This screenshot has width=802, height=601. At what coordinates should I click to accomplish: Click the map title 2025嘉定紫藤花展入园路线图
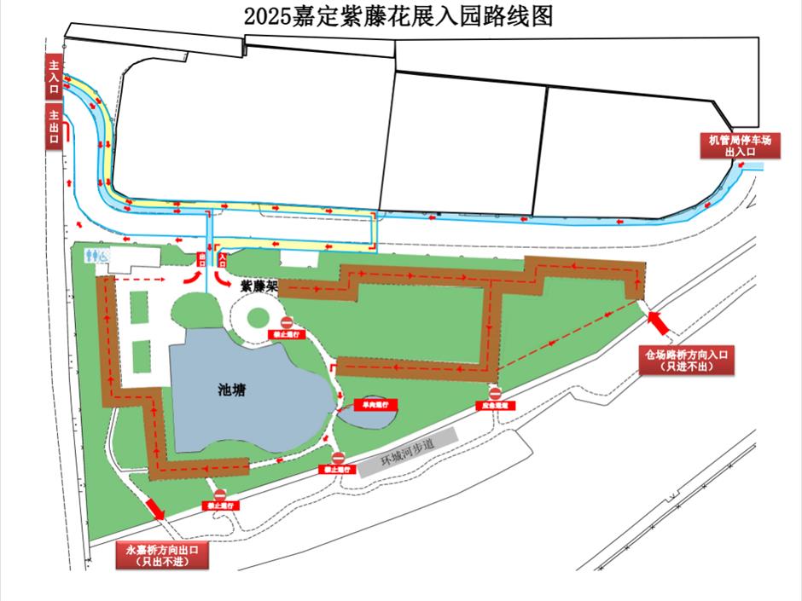pyautogui.click(x=398, y=16)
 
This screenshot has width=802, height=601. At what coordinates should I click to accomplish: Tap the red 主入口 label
pyautogui.click(x=54, y=78)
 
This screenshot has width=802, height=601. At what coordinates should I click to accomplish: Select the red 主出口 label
pyautogui.click(x=54, y=129)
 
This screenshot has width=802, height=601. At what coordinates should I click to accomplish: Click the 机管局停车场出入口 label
pyautogui.click(x=740, y=145)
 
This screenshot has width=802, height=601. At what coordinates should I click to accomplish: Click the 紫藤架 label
pyautogui.click(x=259, y=287)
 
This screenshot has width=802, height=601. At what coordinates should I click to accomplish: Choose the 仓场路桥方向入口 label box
pyautogui.click(x=687, y=361)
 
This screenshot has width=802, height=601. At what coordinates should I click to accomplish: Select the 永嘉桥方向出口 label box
pyautogui.click(x=161, y=555)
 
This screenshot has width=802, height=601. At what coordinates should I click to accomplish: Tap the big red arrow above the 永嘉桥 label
pyautogui.click(x=154, y=508)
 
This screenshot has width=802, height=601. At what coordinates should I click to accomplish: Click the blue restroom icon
pyautogui.click(x=96, y=255)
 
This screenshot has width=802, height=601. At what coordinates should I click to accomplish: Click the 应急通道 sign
pyautogui.click(x=495, y=406)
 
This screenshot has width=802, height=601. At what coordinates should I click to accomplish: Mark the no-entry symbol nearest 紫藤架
pyautogui.click(x=287, y=322)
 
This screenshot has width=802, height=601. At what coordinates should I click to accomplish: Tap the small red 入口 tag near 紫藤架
pyautogui.click(x=223, y=256)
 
